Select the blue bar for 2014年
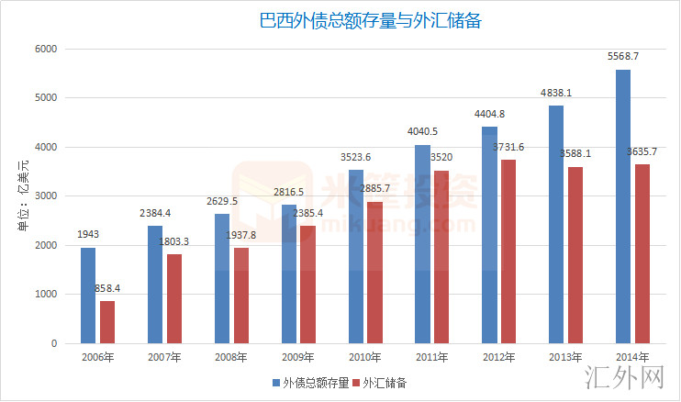(623, 207)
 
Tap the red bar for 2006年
(107, 322)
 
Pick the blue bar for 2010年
(355, 257)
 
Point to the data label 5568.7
(623, 57)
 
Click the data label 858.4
(109, 289)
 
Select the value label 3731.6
(511, 147)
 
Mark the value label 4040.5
(422, 131)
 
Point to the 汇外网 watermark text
(623, 375)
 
